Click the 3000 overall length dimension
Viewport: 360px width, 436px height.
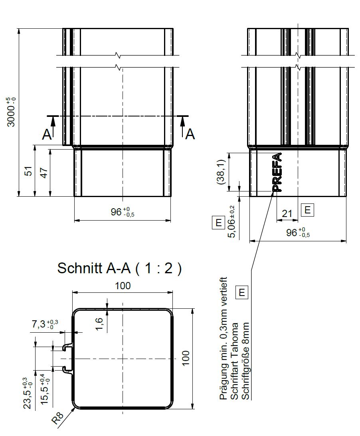pyautogui.click(x=12, y=112)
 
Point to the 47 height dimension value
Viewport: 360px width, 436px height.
pyautogui.click(x=44, y=173)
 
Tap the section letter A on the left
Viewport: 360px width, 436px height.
pyautogui.click(x=47, y=135)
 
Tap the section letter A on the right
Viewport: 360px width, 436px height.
pyautogui.click(x=190, y=134)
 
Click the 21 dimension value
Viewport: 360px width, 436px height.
pyautogui.click(x=287, y=214)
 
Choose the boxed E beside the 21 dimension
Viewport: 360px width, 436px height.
pyautogui.click(x=307, y=210)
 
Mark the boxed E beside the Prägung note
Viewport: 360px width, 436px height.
pyautogui.click(x=241, y=293)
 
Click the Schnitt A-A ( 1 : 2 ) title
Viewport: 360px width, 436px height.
pyautogui.click(x=119, y=268)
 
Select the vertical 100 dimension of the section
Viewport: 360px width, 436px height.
pyautogui.click(x=185, y=359)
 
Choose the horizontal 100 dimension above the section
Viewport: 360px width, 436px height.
pyautogui.click(x=123, y=286)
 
